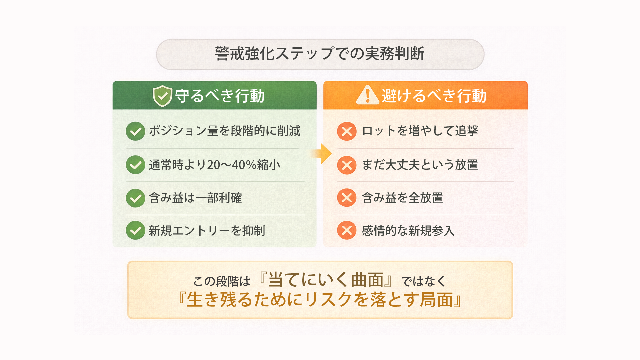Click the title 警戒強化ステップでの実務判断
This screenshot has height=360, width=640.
(320, 54)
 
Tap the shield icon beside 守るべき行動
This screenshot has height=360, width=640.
(162, 96)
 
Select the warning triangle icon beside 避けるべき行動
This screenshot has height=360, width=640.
(367, 95)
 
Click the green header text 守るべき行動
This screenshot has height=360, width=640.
(220, 96)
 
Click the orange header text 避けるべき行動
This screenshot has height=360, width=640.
(434, 96)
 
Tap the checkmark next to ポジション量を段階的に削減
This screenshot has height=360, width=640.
(135, 131)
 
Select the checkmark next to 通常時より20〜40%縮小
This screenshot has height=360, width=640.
(135, 165)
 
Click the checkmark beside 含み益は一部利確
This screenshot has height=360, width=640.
(135, 198)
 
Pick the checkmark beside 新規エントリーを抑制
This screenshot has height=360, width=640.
(135, 230)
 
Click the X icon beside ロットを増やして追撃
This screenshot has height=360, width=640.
(347, 131)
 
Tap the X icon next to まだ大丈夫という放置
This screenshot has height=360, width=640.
(347, 165)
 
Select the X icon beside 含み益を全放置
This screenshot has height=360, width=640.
(347, 198)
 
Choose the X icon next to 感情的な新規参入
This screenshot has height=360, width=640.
(347, 230)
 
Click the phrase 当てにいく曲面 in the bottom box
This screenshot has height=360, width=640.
(326, 280)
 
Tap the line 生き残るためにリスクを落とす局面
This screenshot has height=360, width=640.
(320, 300)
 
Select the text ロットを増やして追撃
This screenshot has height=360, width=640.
(420, 131)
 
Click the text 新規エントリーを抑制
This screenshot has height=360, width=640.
(207, 231)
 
